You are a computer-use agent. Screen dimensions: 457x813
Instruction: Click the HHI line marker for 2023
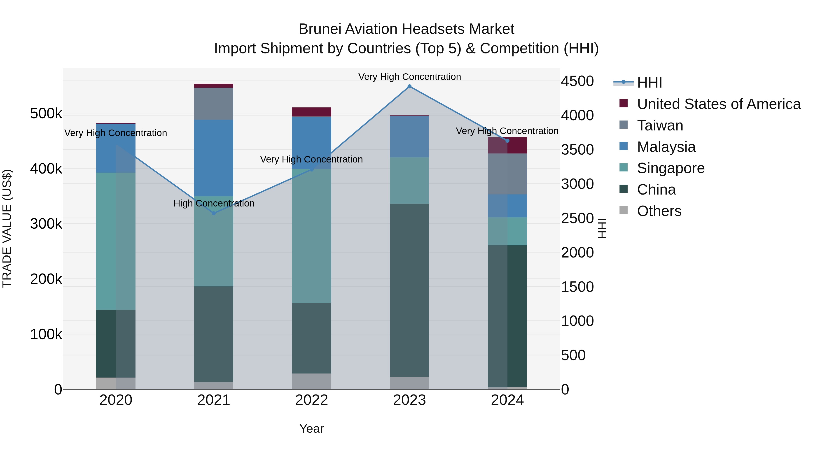(409, 86)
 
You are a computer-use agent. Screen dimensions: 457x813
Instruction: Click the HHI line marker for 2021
(214, 213)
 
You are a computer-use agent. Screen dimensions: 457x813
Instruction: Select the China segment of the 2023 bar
(409, 290)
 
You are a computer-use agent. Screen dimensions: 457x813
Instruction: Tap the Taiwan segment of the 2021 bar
(214, 104)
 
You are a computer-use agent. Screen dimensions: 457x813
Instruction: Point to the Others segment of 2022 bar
(311, 381)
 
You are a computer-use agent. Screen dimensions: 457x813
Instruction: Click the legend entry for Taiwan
(660, 125)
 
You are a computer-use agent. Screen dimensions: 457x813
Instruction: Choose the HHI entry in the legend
(649, 83)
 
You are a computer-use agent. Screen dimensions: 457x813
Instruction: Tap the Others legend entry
(659, 211)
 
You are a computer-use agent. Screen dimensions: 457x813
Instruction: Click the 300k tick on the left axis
(46, 224)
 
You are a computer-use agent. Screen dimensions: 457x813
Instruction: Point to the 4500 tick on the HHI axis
(577, 81)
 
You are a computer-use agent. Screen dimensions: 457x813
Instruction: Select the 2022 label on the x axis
(311, 400)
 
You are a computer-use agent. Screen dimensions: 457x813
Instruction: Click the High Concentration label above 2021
(214, 203)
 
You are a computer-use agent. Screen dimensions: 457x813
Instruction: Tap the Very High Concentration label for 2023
(409, 77)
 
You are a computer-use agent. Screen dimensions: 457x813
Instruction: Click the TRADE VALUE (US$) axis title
(7, 228)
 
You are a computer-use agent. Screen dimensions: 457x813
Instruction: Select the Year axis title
(311, 429)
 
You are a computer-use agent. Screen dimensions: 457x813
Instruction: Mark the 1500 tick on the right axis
(577, 287)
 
